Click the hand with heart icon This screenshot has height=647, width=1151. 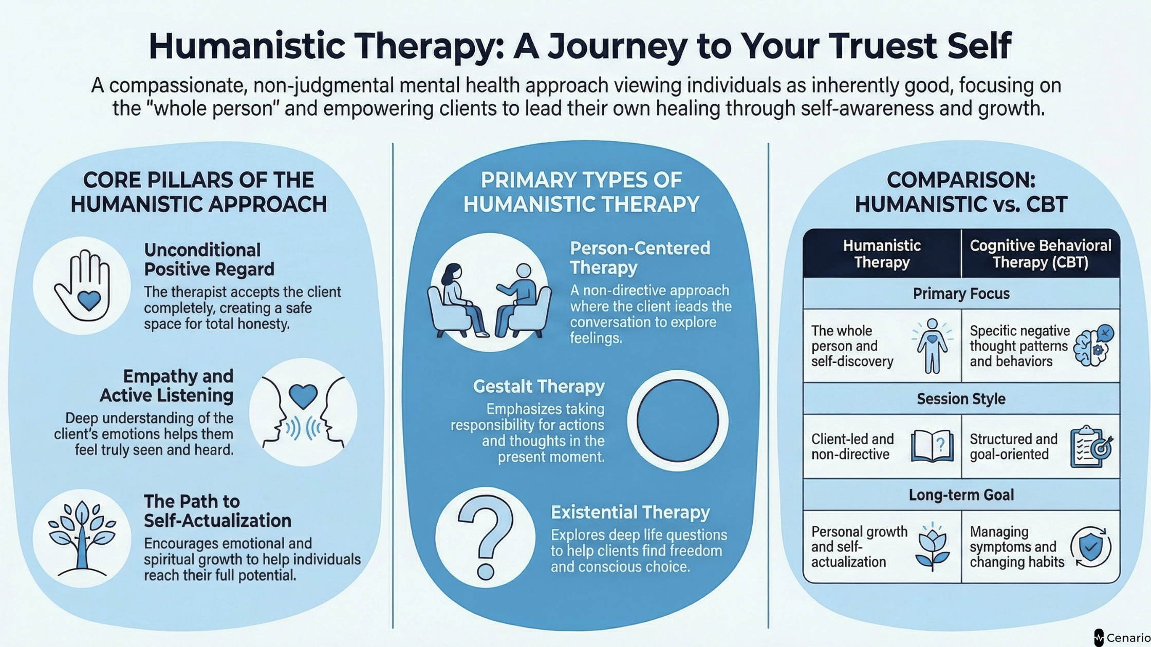tap(82, 286)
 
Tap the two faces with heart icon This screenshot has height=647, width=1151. tap(303, 412)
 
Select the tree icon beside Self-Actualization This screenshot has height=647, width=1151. tap(82, 538)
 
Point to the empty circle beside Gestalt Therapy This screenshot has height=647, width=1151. tap(677, 420)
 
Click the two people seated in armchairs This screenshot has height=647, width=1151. tap(489, 300)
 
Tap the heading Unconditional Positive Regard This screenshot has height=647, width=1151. tap(209, 259)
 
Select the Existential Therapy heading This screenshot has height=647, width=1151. tap(630, 512)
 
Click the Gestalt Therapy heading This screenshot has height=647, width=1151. tap(539, 386)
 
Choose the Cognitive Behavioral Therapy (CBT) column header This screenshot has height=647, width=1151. tap(1040, 254)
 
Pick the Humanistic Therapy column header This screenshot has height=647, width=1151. tap(882, 254)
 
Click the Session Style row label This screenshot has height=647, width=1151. tap(961, 398)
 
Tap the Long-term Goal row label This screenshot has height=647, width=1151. tap(961, 494)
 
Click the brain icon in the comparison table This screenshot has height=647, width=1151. tap(1093, 346)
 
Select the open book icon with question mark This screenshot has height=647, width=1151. tap(932, 446)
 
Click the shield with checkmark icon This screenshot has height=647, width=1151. tap(1090, 546)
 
